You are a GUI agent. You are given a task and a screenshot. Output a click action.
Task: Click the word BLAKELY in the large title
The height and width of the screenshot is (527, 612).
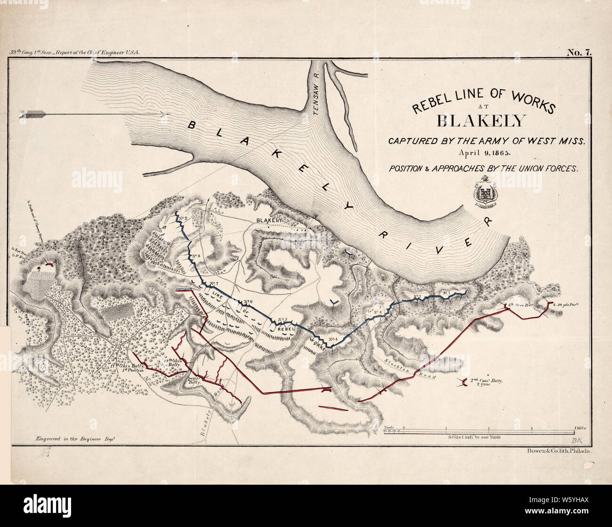pos(480,121)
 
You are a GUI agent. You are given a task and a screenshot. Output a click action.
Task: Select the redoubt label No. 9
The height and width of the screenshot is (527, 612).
pos(183,218)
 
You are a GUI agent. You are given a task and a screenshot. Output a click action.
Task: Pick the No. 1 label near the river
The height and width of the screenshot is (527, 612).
pos(446,293)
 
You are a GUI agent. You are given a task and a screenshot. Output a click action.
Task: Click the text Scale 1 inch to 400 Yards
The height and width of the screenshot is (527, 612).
pos(475,437)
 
